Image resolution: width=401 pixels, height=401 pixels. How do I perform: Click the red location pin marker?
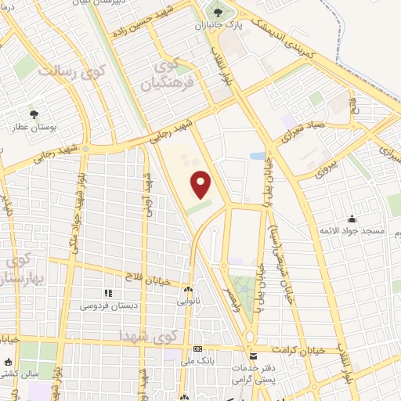tap(201, 185)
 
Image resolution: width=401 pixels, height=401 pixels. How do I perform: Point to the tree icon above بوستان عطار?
tap(33, 113)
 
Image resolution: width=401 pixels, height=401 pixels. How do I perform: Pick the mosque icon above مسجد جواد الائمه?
tap(352, 219)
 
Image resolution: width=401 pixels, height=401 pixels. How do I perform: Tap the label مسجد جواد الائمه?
tap(351, 231)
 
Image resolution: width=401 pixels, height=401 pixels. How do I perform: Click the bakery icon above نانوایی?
tap(187, 289)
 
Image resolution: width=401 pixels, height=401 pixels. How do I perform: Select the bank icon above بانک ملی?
tap(197, 349)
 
